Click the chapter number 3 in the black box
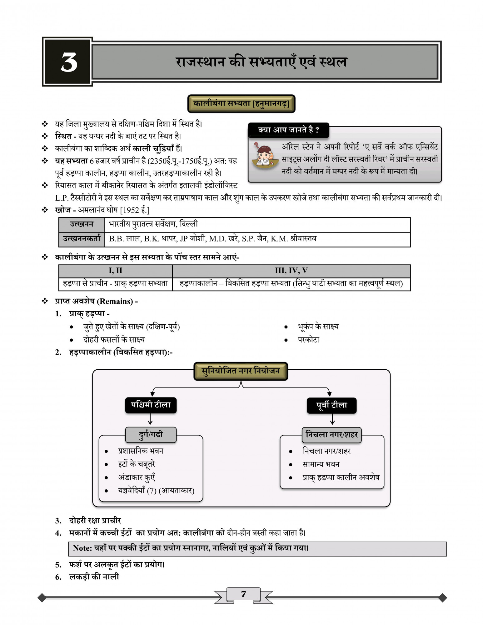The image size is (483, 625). click(x=69, y=62)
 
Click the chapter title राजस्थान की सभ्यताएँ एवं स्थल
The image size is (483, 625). click(x=261, y=62)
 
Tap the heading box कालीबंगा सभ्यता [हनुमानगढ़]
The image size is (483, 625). click(x=241, y=103)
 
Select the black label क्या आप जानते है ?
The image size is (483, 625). click(x=288, y=130)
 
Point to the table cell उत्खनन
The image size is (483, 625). click(x=82, y=224)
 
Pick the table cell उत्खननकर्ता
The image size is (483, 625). click(x=82, y=239)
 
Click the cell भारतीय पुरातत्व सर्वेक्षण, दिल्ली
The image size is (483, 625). click(x=153, y=224)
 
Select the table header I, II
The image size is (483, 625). click(x=115, y=271)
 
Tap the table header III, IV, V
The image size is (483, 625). click(x=291, y=271)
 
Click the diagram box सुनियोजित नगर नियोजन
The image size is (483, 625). click(x=241, y=371)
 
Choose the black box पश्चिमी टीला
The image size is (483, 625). click(x=151, y=405)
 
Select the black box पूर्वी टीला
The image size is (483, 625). click(x=331, y=405)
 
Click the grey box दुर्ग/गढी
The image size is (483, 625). click(x=151, y=435)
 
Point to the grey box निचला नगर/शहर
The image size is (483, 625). click(x=331, y=435)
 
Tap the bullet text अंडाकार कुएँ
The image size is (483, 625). click(x=137, y=477)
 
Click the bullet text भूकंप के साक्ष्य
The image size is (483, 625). click(x=318, y=327)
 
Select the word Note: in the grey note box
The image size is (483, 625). click(x=82, y=548)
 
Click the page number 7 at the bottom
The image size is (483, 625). click(x=243, y=594)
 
